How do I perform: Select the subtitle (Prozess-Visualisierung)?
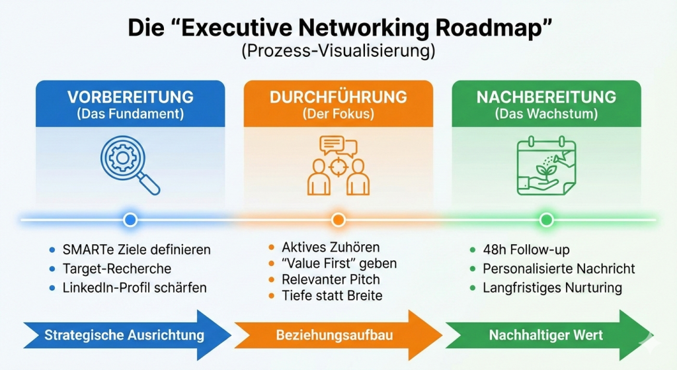pyautogui.click(x=338, y=52)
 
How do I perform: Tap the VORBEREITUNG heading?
pyautogui.click(x=130, y=97)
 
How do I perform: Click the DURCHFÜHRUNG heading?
pyautogui.click(x=338, y=97)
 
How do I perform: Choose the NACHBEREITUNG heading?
pyautogui.click(x=546, y=97)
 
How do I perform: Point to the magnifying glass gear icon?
pyautogui.click(x=130, y=163)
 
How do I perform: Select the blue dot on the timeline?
pyautogui.click(x=130, y=219)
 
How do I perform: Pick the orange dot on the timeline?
pyautogui.click(x=338, y=219)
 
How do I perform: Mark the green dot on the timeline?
pyautogui.click(x=546, y=219)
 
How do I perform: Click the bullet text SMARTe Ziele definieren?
pyautogui.click(x=136, y=250)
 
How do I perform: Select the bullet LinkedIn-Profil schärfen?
pyautogui.click(x=134, y=288)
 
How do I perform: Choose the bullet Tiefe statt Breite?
pyautogui.click(x=332, y=295)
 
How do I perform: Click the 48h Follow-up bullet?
pyautogui.click(x=526, y=250)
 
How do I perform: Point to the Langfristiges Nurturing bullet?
pyautogui.click(x=552, y=288)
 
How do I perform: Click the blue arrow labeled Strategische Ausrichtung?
pyautogui.click(x=126, y=335)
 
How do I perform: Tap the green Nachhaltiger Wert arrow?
pyautogui.click(x=545, y=335)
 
